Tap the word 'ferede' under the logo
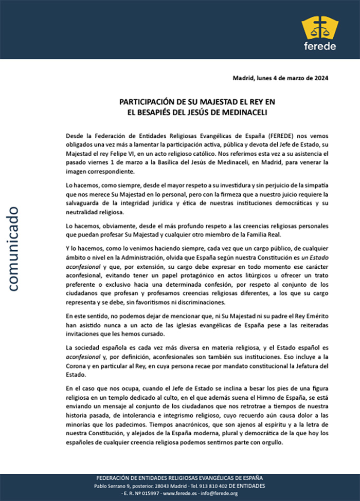pyautogui.click(x=320, y=46)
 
